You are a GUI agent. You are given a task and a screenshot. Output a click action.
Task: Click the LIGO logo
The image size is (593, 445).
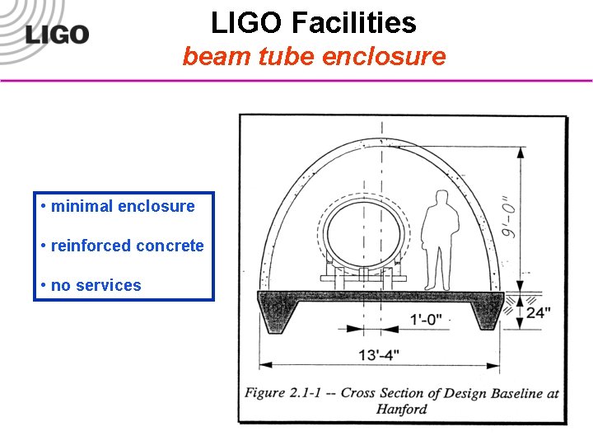point(56,35)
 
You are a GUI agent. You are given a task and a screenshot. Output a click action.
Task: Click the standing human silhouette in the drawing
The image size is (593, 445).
point(440,238)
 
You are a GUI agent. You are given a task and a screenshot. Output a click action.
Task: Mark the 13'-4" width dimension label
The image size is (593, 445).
point(380,354)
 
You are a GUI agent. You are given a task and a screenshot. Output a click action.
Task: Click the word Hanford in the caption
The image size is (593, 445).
point(402,408)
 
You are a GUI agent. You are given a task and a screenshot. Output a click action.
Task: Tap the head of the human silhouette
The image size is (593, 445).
point(441,198)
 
